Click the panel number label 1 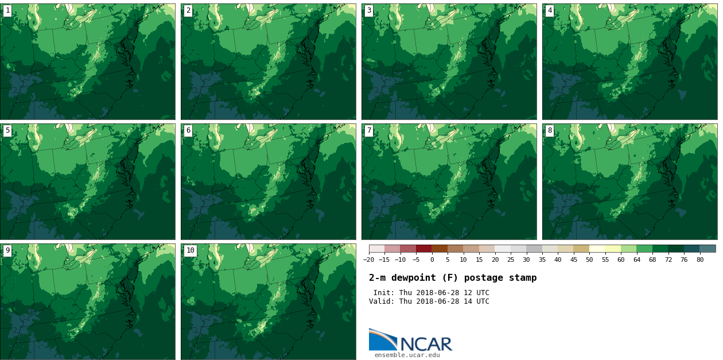(x=7, y=10)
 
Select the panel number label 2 (x=188, y=10)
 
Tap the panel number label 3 (x=369, y=10)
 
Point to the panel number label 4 (x=550, y=10)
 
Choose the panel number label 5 (x=7, y=130)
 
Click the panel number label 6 (x=188, y=130)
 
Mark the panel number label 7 (x=369, y=130)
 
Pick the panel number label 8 (x=550, y=130)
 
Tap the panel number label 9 (x=7, y=250)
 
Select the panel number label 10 (x=190, y=250)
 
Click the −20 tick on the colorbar (x=369, y=260)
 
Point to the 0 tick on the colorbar (x=432, y=260)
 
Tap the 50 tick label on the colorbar (x=589, y=260)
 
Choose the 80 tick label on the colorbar (x=699, y=260)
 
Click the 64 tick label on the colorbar (x=636, y=260)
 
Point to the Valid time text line (x=429, y=301)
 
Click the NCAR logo (x=410, y=340)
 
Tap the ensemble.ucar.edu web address (x=407, y=355)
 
